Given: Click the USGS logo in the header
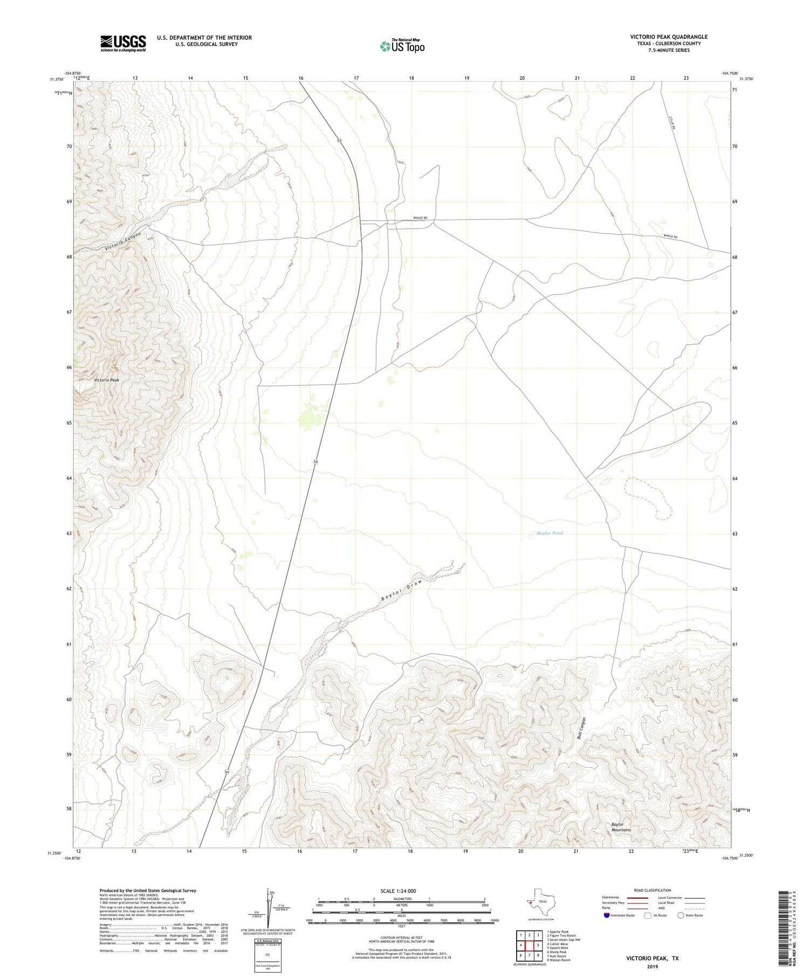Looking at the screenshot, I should pyautogui.click(x=123, y=43).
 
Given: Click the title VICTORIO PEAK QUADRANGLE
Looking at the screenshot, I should pyautogui.click(x=669, y=37).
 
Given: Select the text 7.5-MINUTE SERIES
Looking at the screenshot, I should pyautogui.click(x=669, y=50).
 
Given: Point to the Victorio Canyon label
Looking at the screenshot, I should pyautogui.click(x=123, y=241).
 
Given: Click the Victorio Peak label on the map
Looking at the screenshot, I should pyautogui.click(x=106, y=380).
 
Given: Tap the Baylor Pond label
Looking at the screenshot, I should pyautogui.click(x=549, y=533).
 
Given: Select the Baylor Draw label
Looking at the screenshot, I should pyautogui.click(x=400, y=591).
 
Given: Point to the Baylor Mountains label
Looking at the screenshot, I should pyautogui.click(x=621, y=827).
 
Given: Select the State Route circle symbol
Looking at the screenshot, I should pyautogui.click(x=681, y=915).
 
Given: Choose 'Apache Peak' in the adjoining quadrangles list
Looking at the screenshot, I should pyautogui.click(x=558, y=932).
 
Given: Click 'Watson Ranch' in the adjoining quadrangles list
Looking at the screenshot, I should pyautogui.click(x=559, y=960).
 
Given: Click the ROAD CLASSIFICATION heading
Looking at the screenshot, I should pyautogui.click(x=653, y=890).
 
